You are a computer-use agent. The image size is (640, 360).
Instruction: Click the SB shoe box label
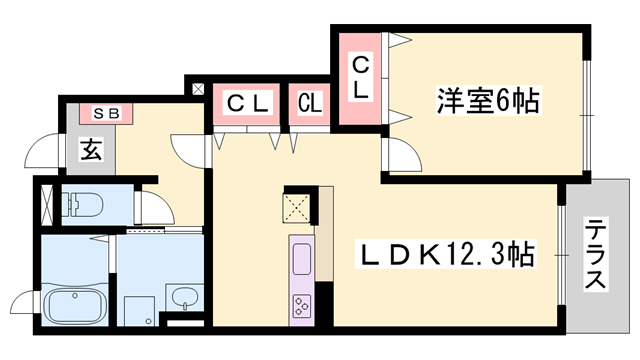coord(106,113)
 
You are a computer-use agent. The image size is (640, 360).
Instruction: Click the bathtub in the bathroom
coord(75,303)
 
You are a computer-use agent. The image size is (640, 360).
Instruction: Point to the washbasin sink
coord(182,298)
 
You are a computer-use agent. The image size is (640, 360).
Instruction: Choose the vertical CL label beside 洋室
coord(359,78)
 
